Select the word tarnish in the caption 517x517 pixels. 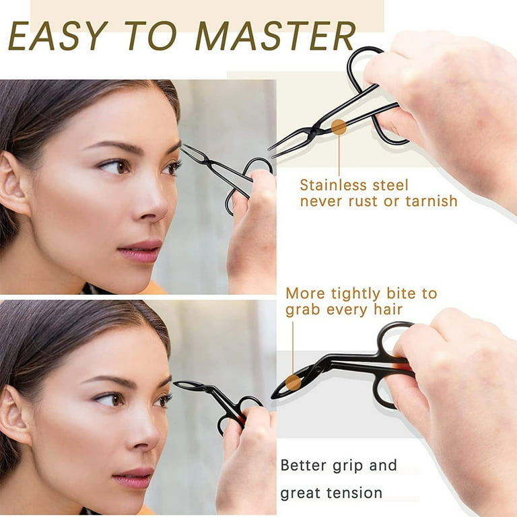(426, 201)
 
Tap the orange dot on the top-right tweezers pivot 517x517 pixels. (339, 127)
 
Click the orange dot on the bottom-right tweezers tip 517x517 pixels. (292, 382)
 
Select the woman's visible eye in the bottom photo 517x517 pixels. (110, 399)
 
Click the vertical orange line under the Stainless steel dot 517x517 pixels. (339, 155)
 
